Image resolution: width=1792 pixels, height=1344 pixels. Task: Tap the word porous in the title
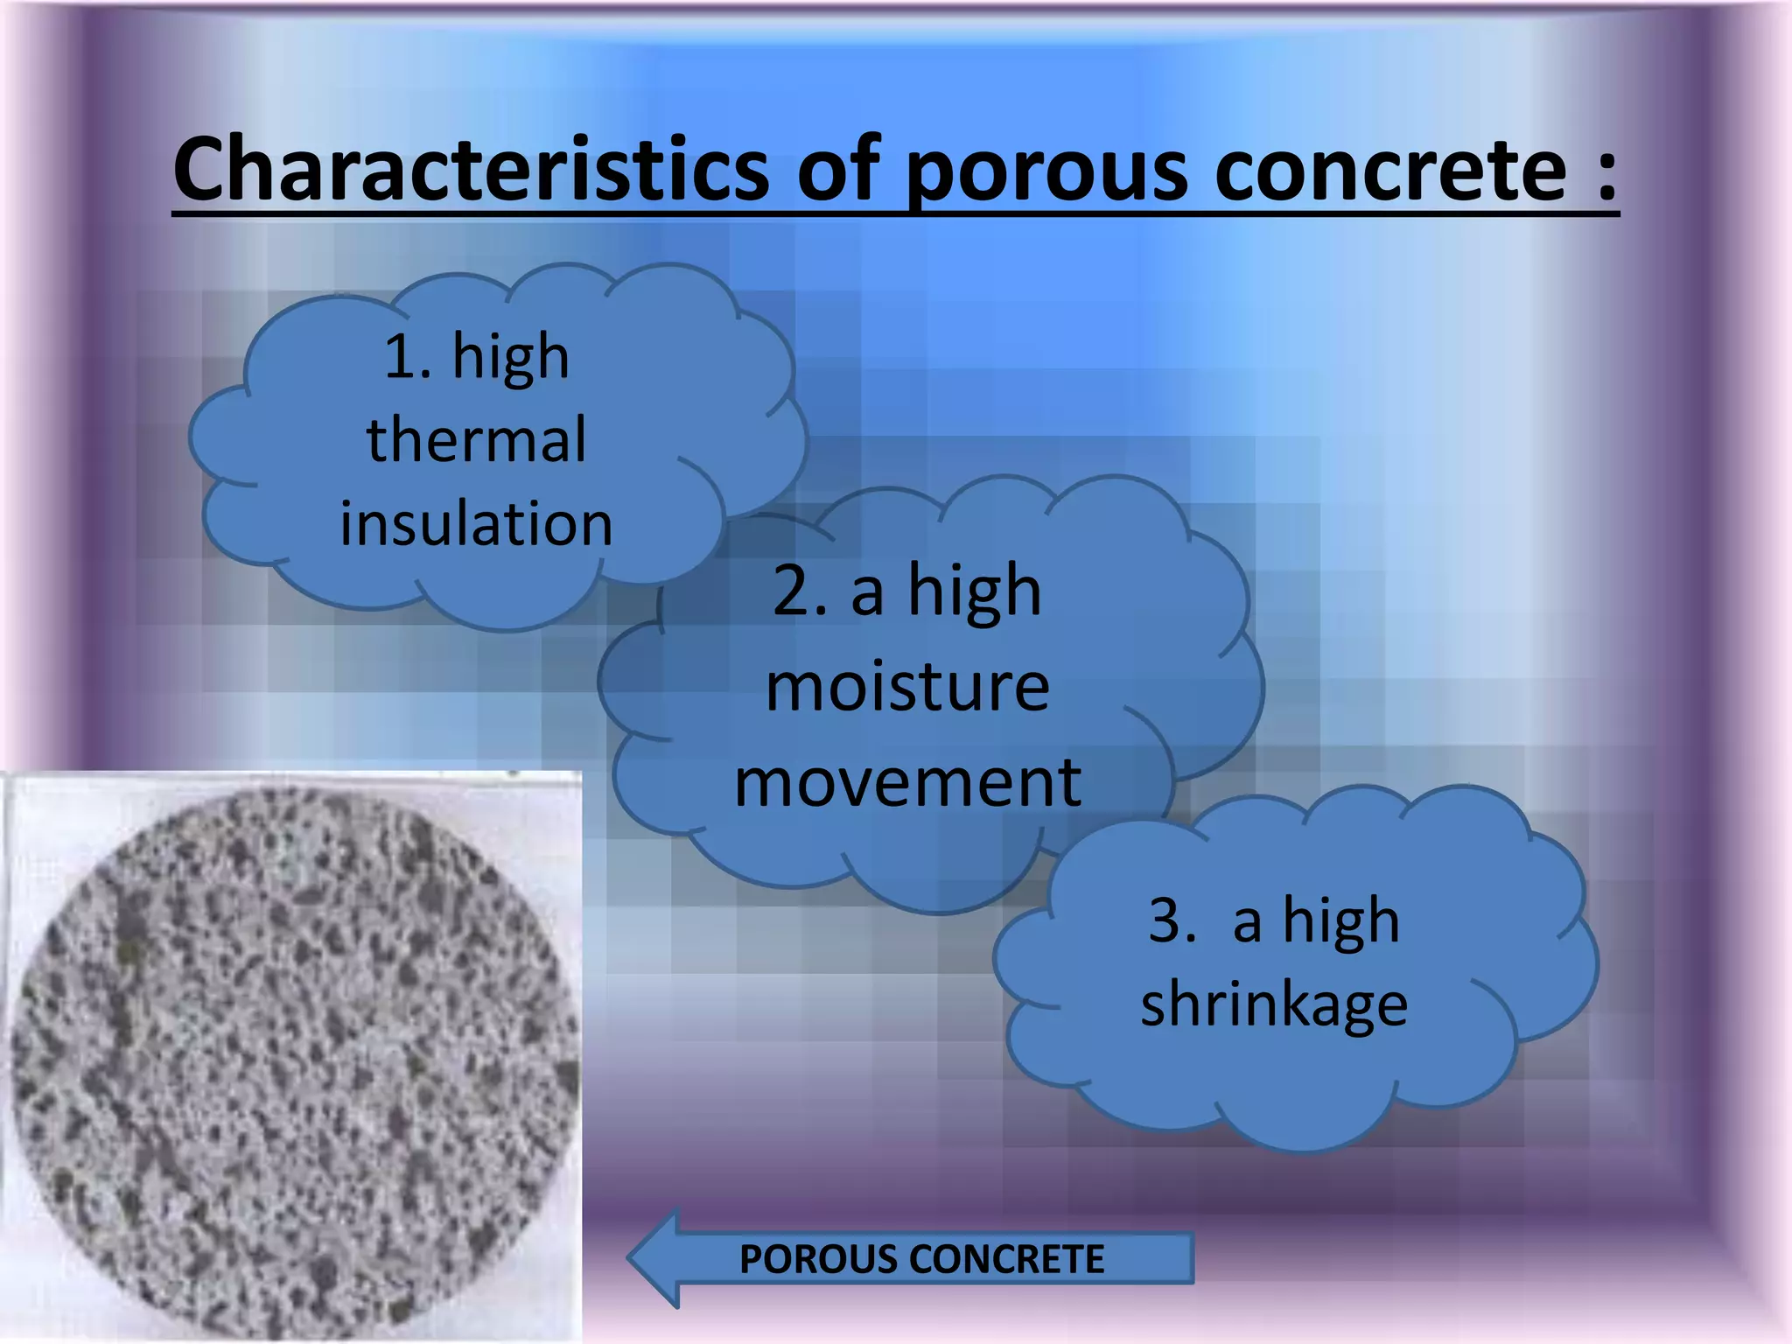point(1046,171)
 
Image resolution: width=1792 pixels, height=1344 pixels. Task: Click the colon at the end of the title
point(1606,171)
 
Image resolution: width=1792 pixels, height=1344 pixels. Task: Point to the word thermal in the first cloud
point(476,439)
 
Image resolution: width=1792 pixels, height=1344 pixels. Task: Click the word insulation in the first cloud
point(476,523)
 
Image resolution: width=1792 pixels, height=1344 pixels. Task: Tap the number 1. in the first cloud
point(407,357)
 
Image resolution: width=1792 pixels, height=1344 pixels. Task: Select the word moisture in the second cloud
point(907,687)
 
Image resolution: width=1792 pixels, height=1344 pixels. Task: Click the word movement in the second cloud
point(907,781)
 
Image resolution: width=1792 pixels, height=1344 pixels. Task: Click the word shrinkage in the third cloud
point(1274,1004)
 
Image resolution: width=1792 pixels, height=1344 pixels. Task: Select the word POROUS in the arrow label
point(818,1259)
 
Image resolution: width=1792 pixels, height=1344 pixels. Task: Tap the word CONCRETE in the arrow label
point(1007,1259)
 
